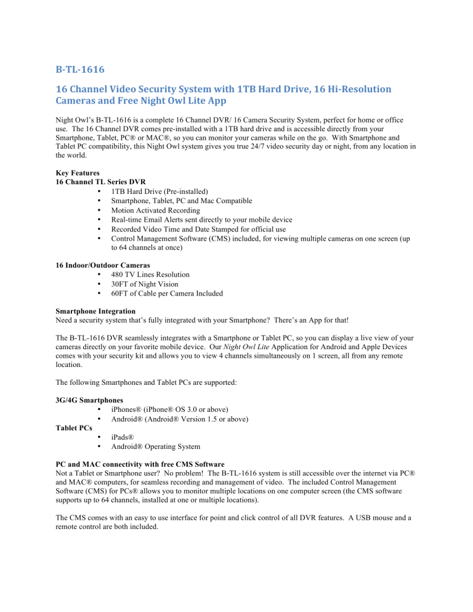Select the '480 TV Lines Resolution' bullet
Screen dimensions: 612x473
tap(150, 275)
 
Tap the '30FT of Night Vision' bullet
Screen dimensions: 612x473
tap(146, 284)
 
